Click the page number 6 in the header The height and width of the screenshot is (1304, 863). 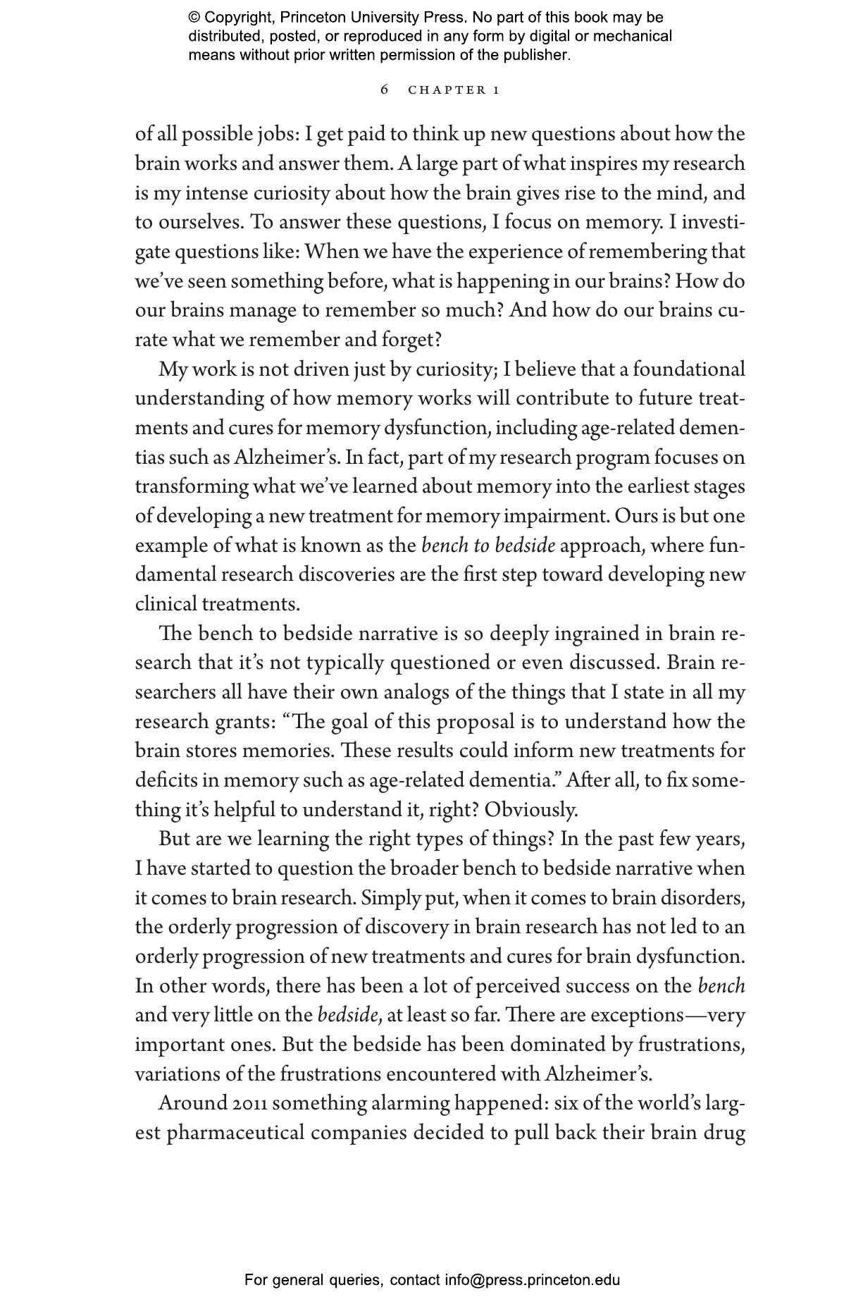click(384, 90)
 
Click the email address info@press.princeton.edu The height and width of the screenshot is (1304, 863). click(532, 1280)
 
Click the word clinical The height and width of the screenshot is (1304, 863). click(166, 605)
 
